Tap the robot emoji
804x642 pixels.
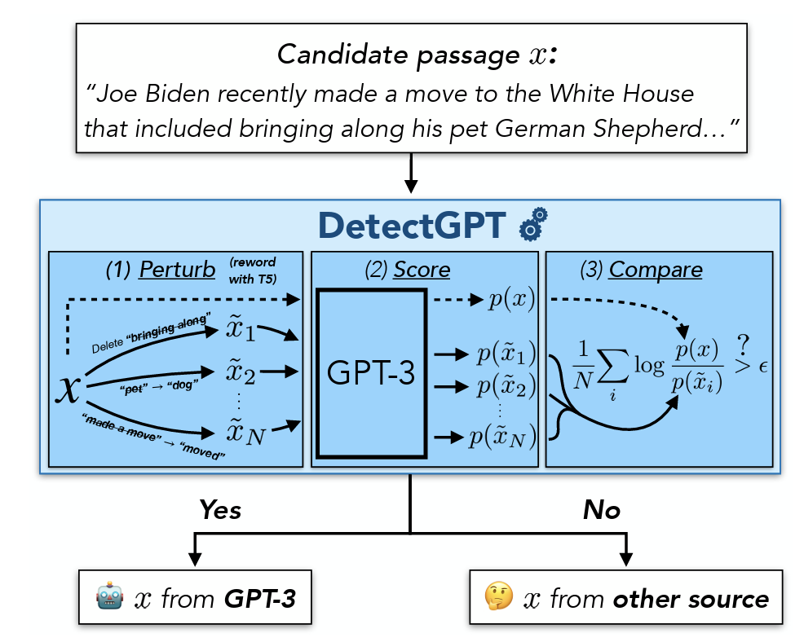click(108, 599)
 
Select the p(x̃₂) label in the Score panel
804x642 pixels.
click(506, 386)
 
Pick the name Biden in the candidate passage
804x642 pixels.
click(183, 94)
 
